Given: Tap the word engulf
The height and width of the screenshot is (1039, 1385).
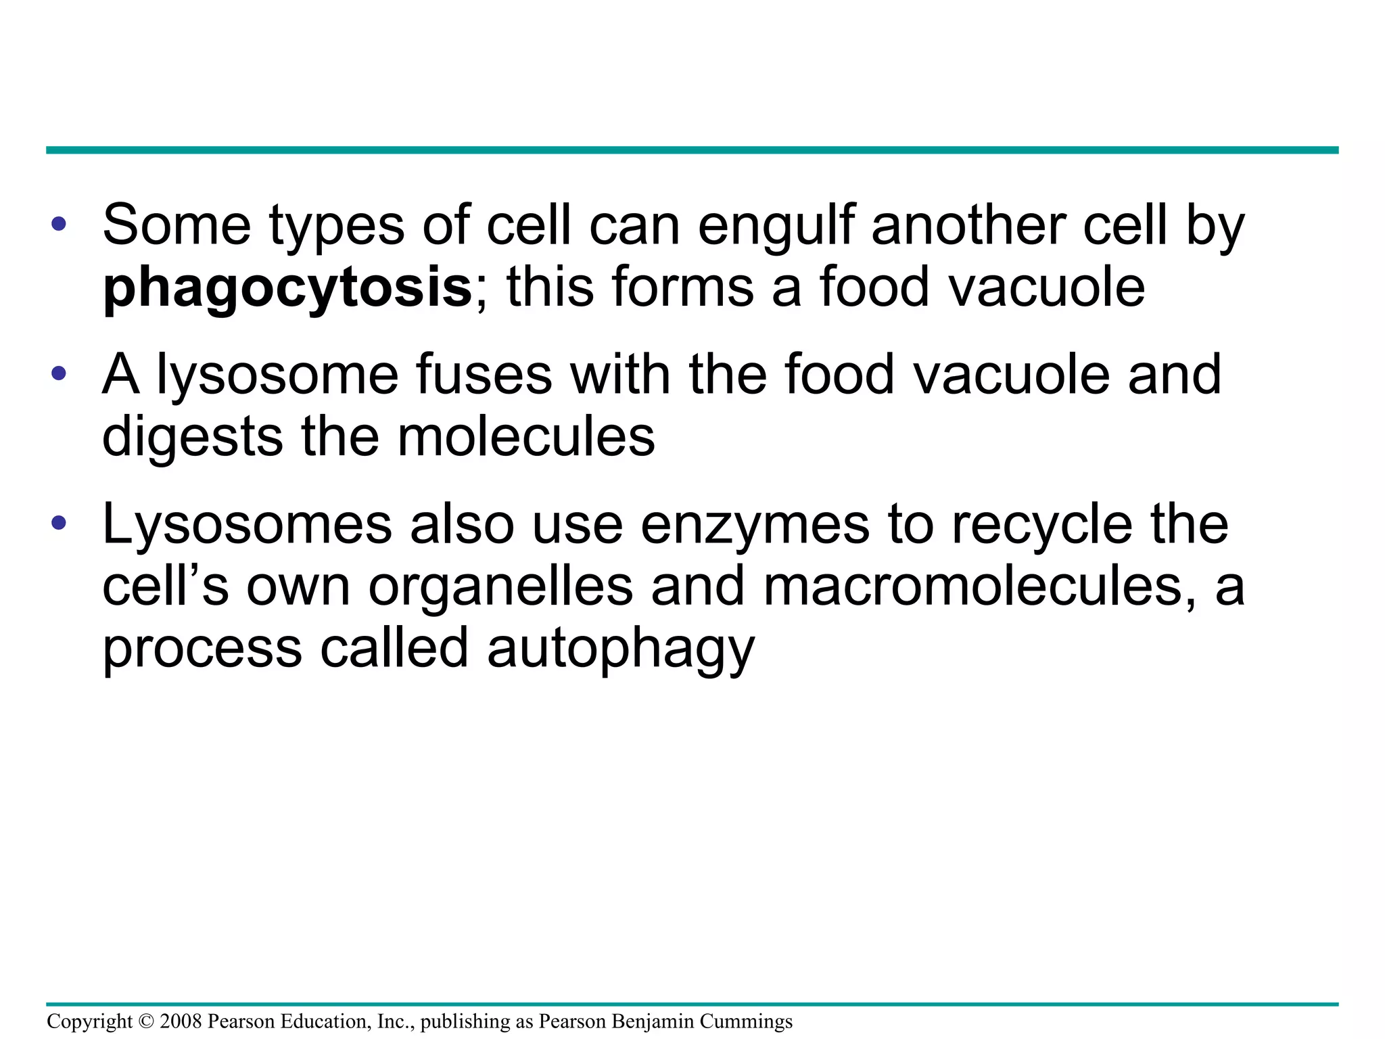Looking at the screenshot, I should click(x=775, y=227).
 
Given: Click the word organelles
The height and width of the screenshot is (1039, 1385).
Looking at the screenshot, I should click(x=500, y=586).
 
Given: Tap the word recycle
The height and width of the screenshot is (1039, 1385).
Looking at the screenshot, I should click(x=1042, y=526).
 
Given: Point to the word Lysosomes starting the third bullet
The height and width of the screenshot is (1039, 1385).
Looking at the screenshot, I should click(x=247, y=526).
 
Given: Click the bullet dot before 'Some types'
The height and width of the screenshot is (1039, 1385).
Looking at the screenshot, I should click(x=59, y=224).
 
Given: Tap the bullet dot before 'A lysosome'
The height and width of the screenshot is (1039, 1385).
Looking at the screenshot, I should click(x=59, y=373).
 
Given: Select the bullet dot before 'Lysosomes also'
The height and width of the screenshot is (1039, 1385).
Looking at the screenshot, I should click(x=59, y=522).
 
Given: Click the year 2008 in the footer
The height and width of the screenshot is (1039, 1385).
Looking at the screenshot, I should click(x=181, y=1021).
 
